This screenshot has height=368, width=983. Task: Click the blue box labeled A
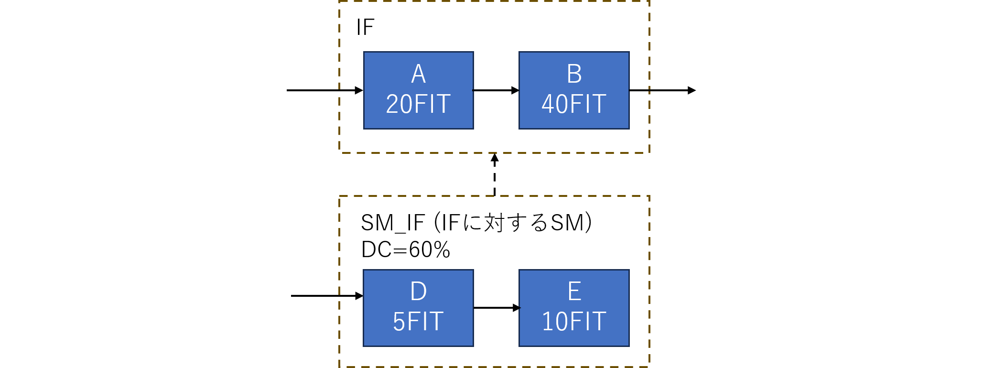pyautogui.click(x=418, y=90)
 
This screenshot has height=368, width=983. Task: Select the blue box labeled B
pyautogui.click(x=574, y=90)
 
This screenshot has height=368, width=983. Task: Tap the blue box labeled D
pyautogui.click(x=418, y=308)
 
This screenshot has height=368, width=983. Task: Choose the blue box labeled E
pyautogui.click(x=574, y=308)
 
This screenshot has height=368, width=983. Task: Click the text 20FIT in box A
pyautogui.click(x=418, y=104)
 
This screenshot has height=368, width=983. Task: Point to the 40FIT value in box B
pyautogui.click(x=574, y=104)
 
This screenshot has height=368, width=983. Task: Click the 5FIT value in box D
pyautogui.click(x=418, y=322)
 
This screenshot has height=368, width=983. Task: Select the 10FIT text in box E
pyautogui.click(x=574, y=322)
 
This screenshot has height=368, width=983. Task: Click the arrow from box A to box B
pyautogui.click(x=496, y=90)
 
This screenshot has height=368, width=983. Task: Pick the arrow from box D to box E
pyautogui.click(x=496, y=308)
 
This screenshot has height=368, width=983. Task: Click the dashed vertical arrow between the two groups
pyautogui.click(x=495, y=174)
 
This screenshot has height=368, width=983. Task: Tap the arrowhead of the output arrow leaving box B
pyautogui.click(x=691, y=90)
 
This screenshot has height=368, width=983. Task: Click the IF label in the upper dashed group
pyautogui.click(x=365, y=27)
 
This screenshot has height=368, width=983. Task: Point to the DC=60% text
pyautogui.click(x=406, y=249)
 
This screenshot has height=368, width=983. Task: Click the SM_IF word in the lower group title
pyautogui.click(x=392, y=223)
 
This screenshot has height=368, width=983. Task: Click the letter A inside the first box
pyautogui.click(x=418, y=74)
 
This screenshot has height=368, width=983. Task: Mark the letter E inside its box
pyautogui.click(x=574, y=291)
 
